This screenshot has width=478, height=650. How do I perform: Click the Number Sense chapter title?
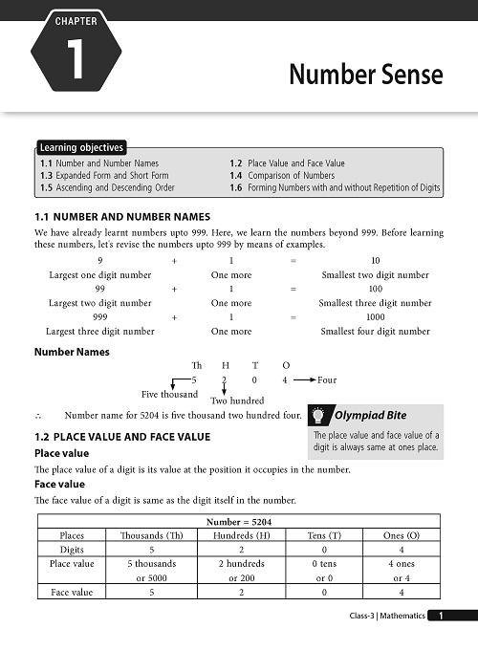[x=365, y=75]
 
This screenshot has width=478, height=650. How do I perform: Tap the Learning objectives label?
[x=81, y=147]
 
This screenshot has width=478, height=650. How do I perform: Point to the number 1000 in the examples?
[x=375, y=316]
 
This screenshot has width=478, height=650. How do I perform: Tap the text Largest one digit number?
[x=99, y=274]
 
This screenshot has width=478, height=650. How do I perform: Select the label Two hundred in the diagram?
[x=236, y=401]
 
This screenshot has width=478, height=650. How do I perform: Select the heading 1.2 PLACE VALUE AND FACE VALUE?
[x=128, y=437]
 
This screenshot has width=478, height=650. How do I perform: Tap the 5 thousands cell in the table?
[x=151, y=564]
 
